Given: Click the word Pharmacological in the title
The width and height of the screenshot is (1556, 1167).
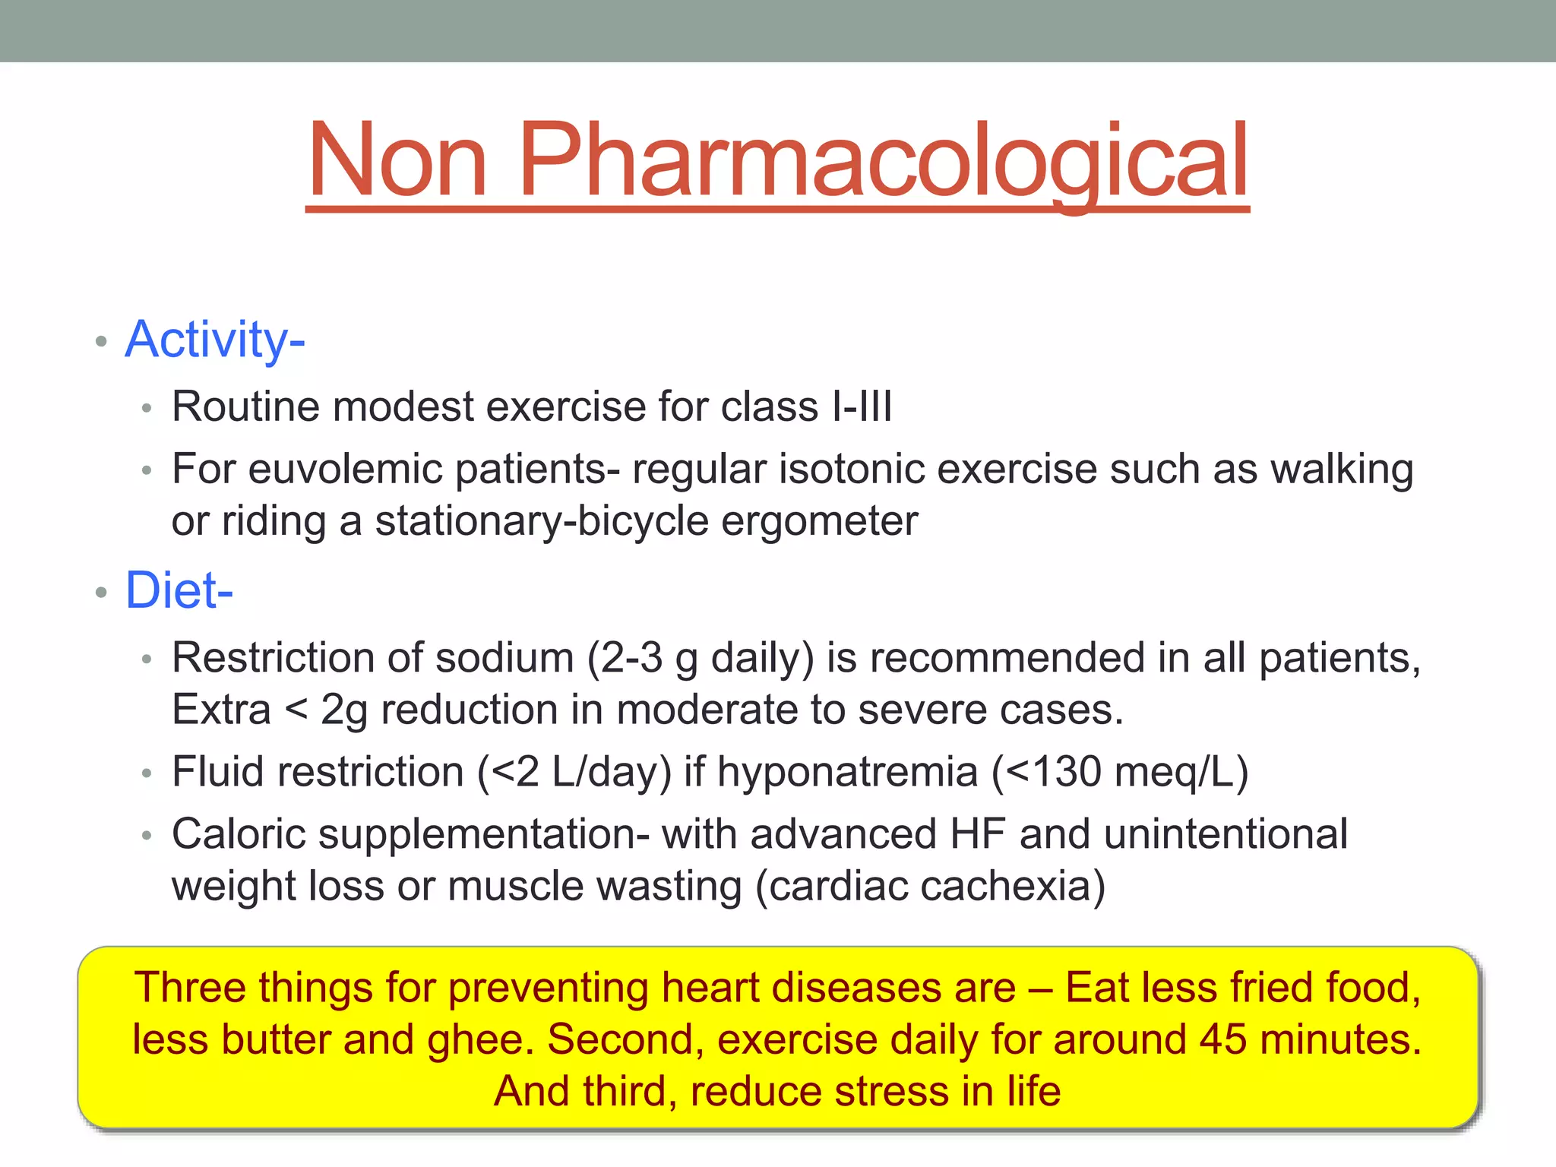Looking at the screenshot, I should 883,161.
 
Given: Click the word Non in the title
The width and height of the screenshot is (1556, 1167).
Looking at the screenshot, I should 397,161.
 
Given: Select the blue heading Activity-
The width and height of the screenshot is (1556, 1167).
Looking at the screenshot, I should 215,340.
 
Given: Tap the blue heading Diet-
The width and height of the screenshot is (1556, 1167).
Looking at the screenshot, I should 179,591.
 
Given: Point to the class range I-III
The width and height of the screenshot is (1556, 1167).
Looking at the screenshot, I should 862,406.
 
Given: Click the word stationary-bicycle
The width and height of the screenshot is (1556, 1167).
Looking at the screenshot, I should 542,522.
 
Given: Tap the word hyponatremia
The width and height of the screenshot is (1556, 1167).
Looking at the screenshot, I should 847,772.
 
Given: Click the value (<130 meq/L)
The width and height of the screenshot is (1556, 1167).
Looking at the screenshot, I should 1120,772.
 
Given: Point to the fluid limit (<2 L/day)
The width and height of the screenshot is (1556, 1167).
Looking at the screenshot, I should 574,772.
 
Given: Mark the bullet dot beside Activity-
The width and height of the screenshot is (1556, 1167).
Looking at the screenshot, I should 101,341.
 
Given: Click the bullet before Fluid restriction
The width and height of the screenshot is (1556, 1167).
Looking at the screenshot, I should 147,774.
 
